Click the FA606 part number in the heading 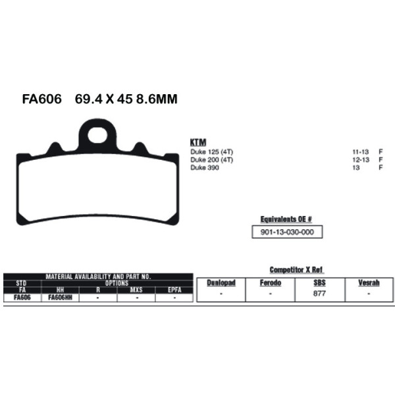pos(42,99)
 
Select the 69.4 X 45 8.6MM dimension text pos(126,99)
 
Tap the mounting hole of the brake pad pos(97,135)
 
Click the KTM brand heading pos(198,142)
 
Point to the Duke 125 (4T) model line pos(212,152)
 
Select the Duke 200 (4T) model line pos(212,160)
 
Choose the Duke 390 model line pos(205,167)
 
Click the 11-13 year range pos(361,152)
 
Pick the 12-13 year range pos(361,160)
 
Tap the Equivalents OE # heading pos(286,219)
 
